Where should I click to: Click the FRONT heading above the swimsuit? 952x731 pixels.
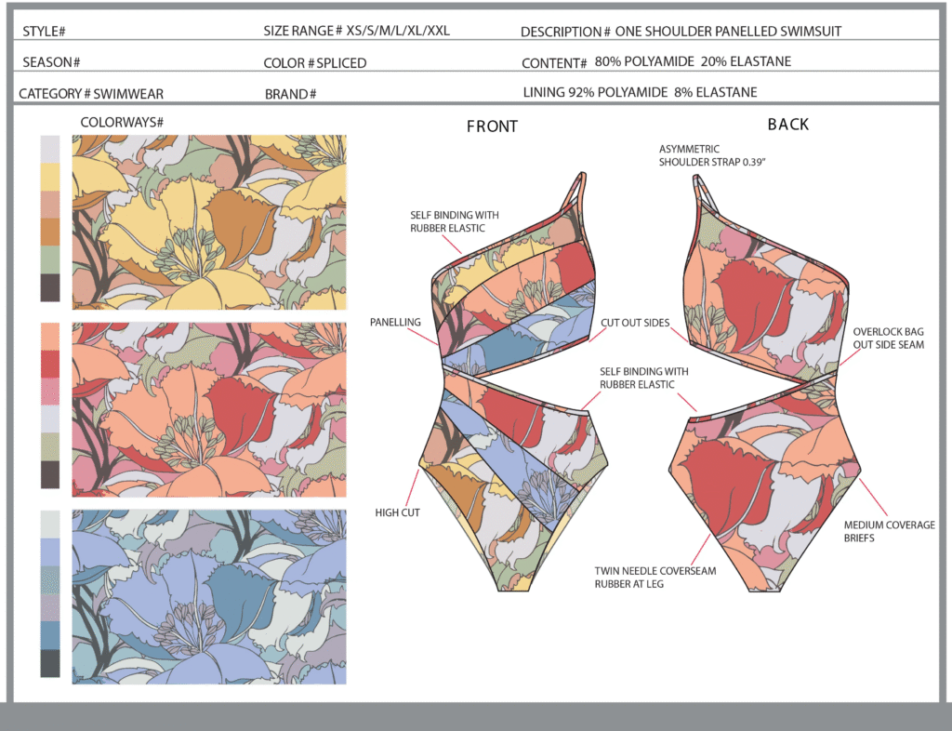492,126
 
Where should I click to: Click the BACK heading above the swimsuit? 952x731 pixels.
788,125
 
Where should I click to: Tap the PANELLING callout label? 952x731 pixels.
395,323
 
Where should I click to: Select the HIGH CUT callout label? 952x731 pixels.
397,512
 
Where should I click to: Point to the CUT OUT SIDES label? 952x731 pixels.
635,323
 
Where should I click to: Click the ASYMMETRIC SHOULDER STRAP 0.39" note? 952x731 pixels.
712,155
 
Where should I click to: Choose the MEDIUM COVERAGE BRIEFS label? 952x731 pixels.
890,531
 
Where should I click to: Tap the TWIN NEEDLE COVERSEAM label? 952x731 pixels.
655,571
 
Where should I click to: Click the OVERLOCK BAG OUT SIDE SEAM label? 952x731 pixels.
888,339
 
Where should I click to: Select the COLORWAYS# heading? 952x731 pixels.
122,123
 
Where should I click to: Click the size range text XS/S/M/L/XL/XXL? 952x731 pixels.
398,31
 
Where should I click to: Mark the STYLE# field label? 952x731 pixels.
44,32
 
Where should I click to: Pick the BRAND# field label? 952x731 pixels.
290,94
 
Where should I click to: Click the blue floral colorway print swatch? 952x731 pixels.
209,597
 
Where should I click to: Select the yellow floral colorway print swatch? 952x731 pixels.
209,222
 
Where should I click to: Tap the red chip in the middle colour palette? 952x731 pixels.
50,364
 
